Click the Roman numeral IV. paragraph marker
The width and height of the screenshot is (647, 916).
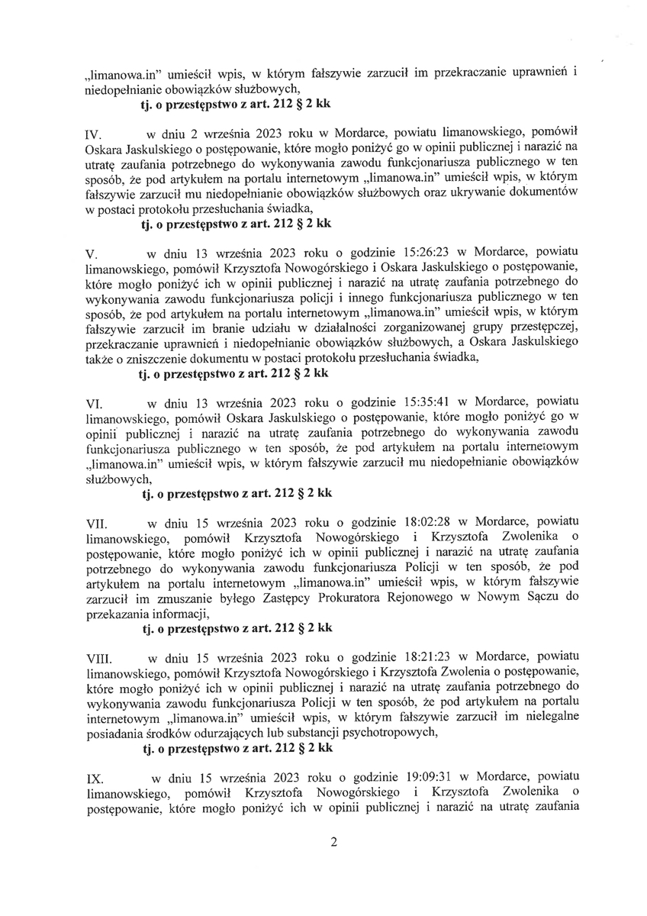tap(93, 137)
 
